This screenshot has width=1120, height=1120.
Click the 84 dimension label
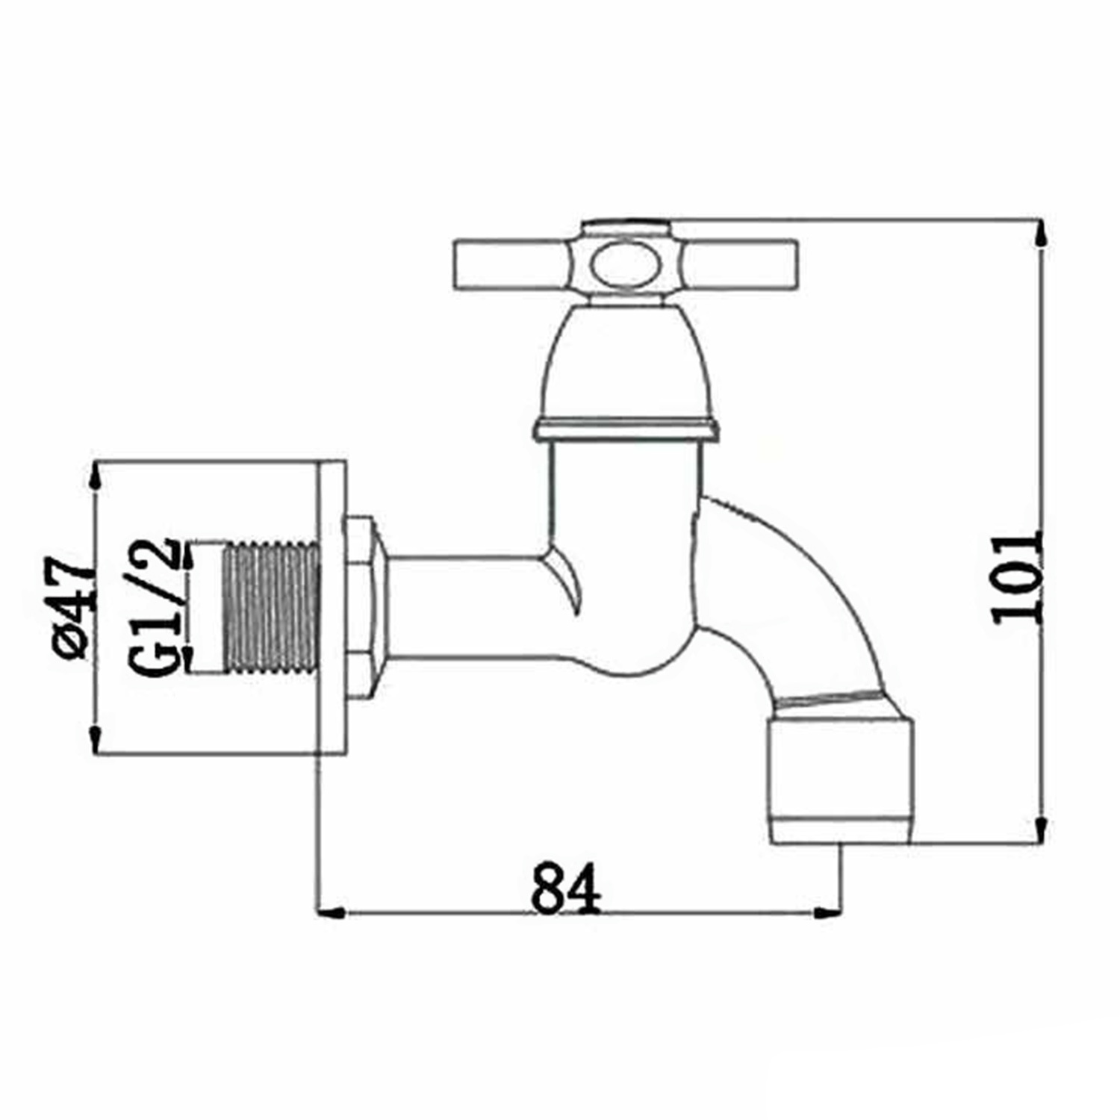pyautogui.click(x=565, y=888)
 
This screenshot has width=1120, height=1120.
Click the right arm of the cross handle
pyautogui.click(x=739, y=264)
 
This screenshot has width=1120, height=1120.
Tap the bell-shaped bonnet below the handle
pyautogui.click(x=626, y=362)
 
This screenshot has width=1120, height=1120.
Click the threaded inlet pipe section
pyautogui.click(x=272, y=608)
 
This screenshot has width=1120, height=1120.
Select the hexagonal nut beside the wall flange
pyautogui.click(x=364, y=607)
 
